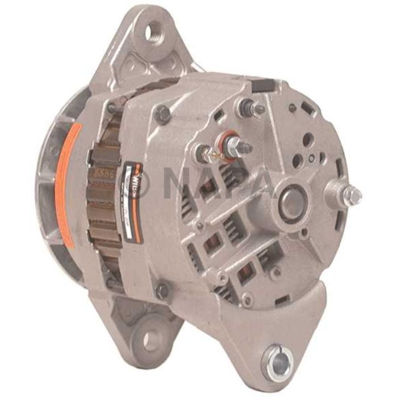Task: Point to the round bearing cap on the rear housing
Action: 294,200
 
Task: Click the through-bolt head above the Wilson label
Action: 163,114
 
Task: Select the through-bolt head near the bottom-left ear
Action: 162,291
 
